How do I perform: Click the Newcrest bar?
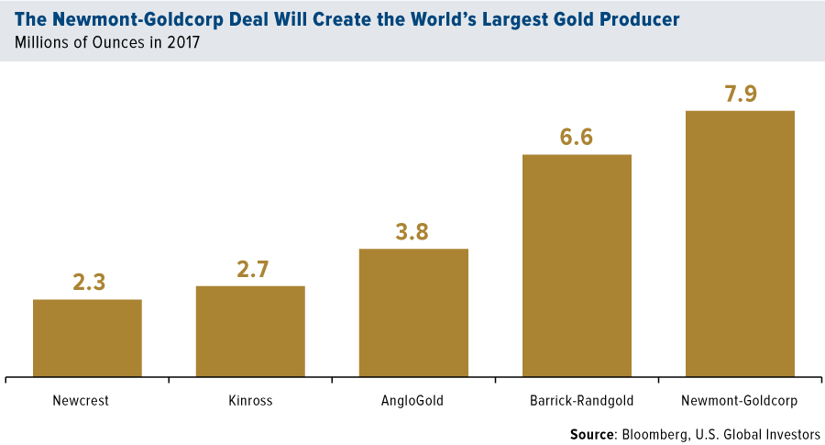pyautogui.click(x=87, y=338)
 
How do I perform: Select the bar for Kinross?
pyautogui.click(x=250, y=330)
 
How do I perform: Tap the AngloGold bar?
pyautogui.click(x=413, y=312)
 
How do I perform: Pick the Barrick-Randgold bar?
pyautogui.click(x=577, y=265)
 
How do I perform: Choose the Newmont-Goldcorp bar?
pyautogui.click(x=740, y=243)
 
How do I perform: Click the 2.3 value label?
pyautogui.click(x=88, y=283)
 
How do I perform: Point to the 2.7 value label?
pyautogui.click(x=250, y=269)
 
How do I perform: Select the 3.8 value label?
pyautogui.click(x=413, y=231)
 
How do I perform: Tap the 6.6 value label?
pyautogui.click(x=577, y=137)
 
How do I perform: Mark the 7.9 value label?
pyautogui.click(x=740, y=94)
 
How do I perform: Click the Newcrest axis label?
pyautogui.click(x=87, y=400)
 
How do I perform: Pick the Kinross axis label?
pyautogui.click(x=250, y=400)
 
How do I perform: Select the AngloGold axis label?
pyautogui.click(x=413, y=400)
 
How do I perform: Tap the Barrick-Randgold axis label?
pyautogui.click(x=577, y=400)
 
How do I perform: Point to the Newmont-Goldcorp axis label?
pyautogui.click(x=740, y=400)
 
